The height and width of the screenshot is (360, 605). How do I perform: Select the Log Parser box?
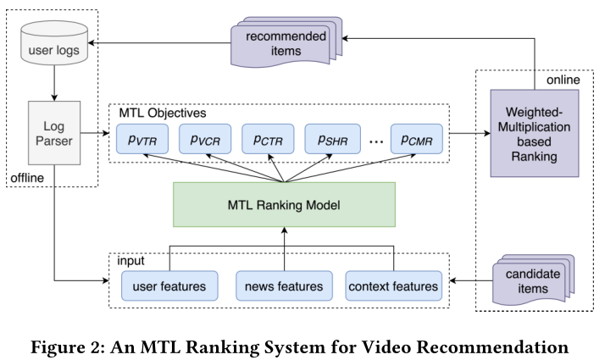point(53,134)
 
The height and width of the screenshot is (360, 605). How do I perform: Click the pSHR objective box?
point(330,138)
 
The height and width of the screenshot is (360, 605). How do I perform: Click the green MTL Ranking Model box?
point(284,204)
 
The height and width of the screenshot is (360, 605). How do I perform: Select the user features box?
point(170,285)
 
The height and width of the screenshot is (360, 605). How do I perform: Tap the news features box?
point(284,285)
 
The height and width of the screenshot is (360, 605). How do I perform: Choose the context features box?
point(393,285)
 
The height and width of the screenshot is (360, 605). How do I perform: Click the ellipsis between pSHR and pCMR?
point(376,140)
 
